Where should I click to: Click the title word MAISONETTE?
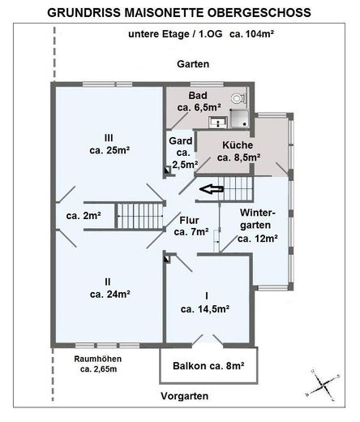[182, 13]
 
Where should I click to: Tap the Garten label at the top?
[195, 64]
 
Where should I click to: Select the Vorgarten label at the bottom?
[184, 396]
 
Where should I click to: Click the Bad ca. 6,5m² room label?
[198, 101]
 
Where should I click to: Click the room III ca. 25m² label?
[108, 143]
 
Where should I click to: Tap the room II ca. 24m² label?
[107, 288]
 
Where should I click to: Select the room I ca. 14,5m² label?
[204, 303]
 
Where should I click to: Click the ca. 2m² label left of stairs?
[84, 216]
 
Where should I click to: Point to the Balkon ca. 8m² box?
[208, 366]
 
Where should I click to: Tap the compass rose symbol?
[322, 382]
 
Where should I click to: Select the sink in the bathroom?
[216, 123]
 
